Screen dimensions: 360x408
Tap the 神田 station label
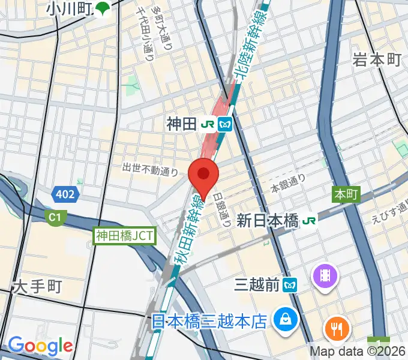[x=181, y=124]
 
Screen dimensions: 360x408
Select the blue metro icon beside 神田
[x=226, y=124]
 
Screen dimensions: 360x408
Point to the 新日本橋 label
[x=268, y=221]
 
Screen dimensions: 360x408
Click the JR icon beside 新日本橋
[x=310, y=221]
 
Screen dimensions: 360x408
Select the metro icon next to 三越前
[x=291, y=285]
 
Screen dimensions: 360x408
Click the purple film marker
[x=325, y=276]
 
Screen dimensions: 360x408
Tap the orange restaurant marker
[x=337, y=328]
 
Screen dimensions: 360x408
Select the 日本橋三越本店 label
[x=208, y=322]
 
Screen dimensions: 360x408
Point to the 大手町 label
[x=37, y=287]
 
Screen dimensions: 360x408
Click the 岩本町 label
[x=377, y=59]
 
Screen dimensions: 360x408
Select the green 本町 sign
[x=346, y=194]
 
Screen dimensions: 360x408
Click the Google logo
[x=40, y=346]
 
